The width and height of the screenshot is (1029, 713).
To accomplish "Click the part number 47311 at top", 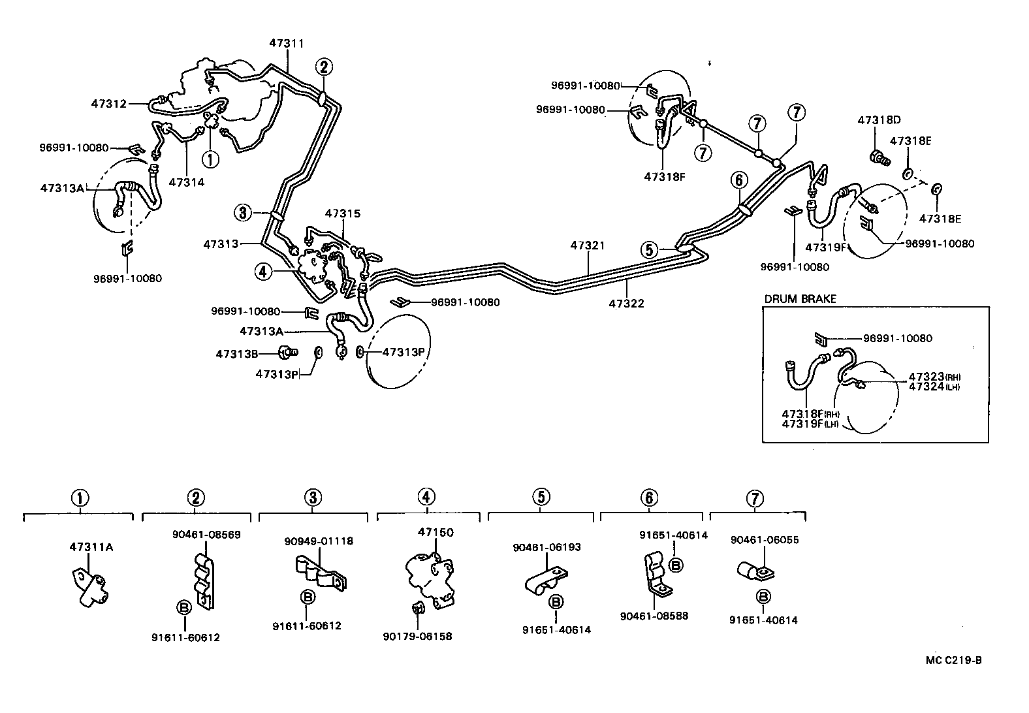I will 287,43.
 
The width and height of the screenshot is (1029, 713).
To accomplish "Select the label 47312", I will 108,103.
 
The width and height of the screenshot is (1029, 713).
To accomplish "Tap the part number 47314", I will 186,182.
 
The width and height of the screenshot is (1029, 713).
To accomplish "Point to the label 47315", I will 343,214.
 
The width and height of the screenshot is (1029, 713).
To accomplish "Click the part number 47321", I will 588,246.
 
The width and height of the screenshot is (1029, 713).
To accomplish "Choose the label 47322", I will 626,303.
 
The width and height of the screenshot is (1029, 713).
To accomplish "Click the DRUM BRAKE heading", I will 800,299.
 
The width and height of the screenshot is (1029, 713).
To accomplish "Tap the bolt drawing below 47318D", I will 879,157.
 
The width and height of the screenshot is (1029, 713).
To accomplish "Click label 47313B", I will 237,354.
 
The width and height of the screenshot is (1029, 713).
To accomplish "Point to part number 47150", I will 435,532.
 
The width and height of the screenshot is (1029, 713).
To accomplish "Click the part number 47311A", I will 91,547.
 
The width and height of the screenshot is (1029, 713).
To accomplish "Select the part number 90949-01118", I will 319,541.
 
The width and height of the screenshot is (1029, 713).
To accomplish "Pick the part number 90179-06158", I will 417,636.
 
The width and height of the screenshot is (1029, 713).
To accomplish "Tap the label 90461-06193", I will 546,547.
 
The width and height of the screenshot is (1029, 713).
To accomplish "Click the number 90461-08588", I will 654,616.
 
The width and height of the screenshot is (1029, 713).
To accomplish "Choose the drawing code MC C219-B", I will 953,660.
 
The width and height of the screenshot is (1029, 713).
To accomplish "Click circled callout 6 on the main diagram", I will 738,180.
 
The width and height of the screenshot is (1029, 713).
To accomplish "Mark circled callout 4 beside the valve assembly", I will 262,272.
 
